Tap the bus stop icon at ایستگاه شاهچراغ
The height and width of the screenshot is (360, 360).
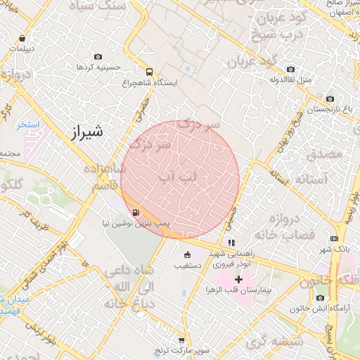(148, 72)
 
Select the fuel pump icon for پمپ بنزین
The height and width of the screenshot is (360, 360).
(134, 212)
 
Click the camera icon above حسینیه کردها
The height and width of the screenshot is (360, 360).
(98, 56)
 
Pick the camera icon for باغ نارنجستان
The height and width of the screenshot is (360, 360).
(330, 98)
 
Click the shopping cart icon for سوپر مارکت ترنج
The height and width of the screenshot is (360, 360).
(182, 340)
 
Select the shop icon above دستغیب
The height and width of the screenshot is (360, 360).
(187, 255)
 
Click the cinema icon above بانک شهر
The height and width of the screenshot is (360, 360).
(334, 240)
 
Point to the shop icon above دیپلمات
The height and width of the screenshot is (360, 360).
(24, 39)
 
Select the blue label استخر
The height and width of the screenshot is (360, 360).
(30, 124)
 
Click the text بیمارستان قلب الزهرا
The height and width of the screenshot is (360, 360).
(239, 290)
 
